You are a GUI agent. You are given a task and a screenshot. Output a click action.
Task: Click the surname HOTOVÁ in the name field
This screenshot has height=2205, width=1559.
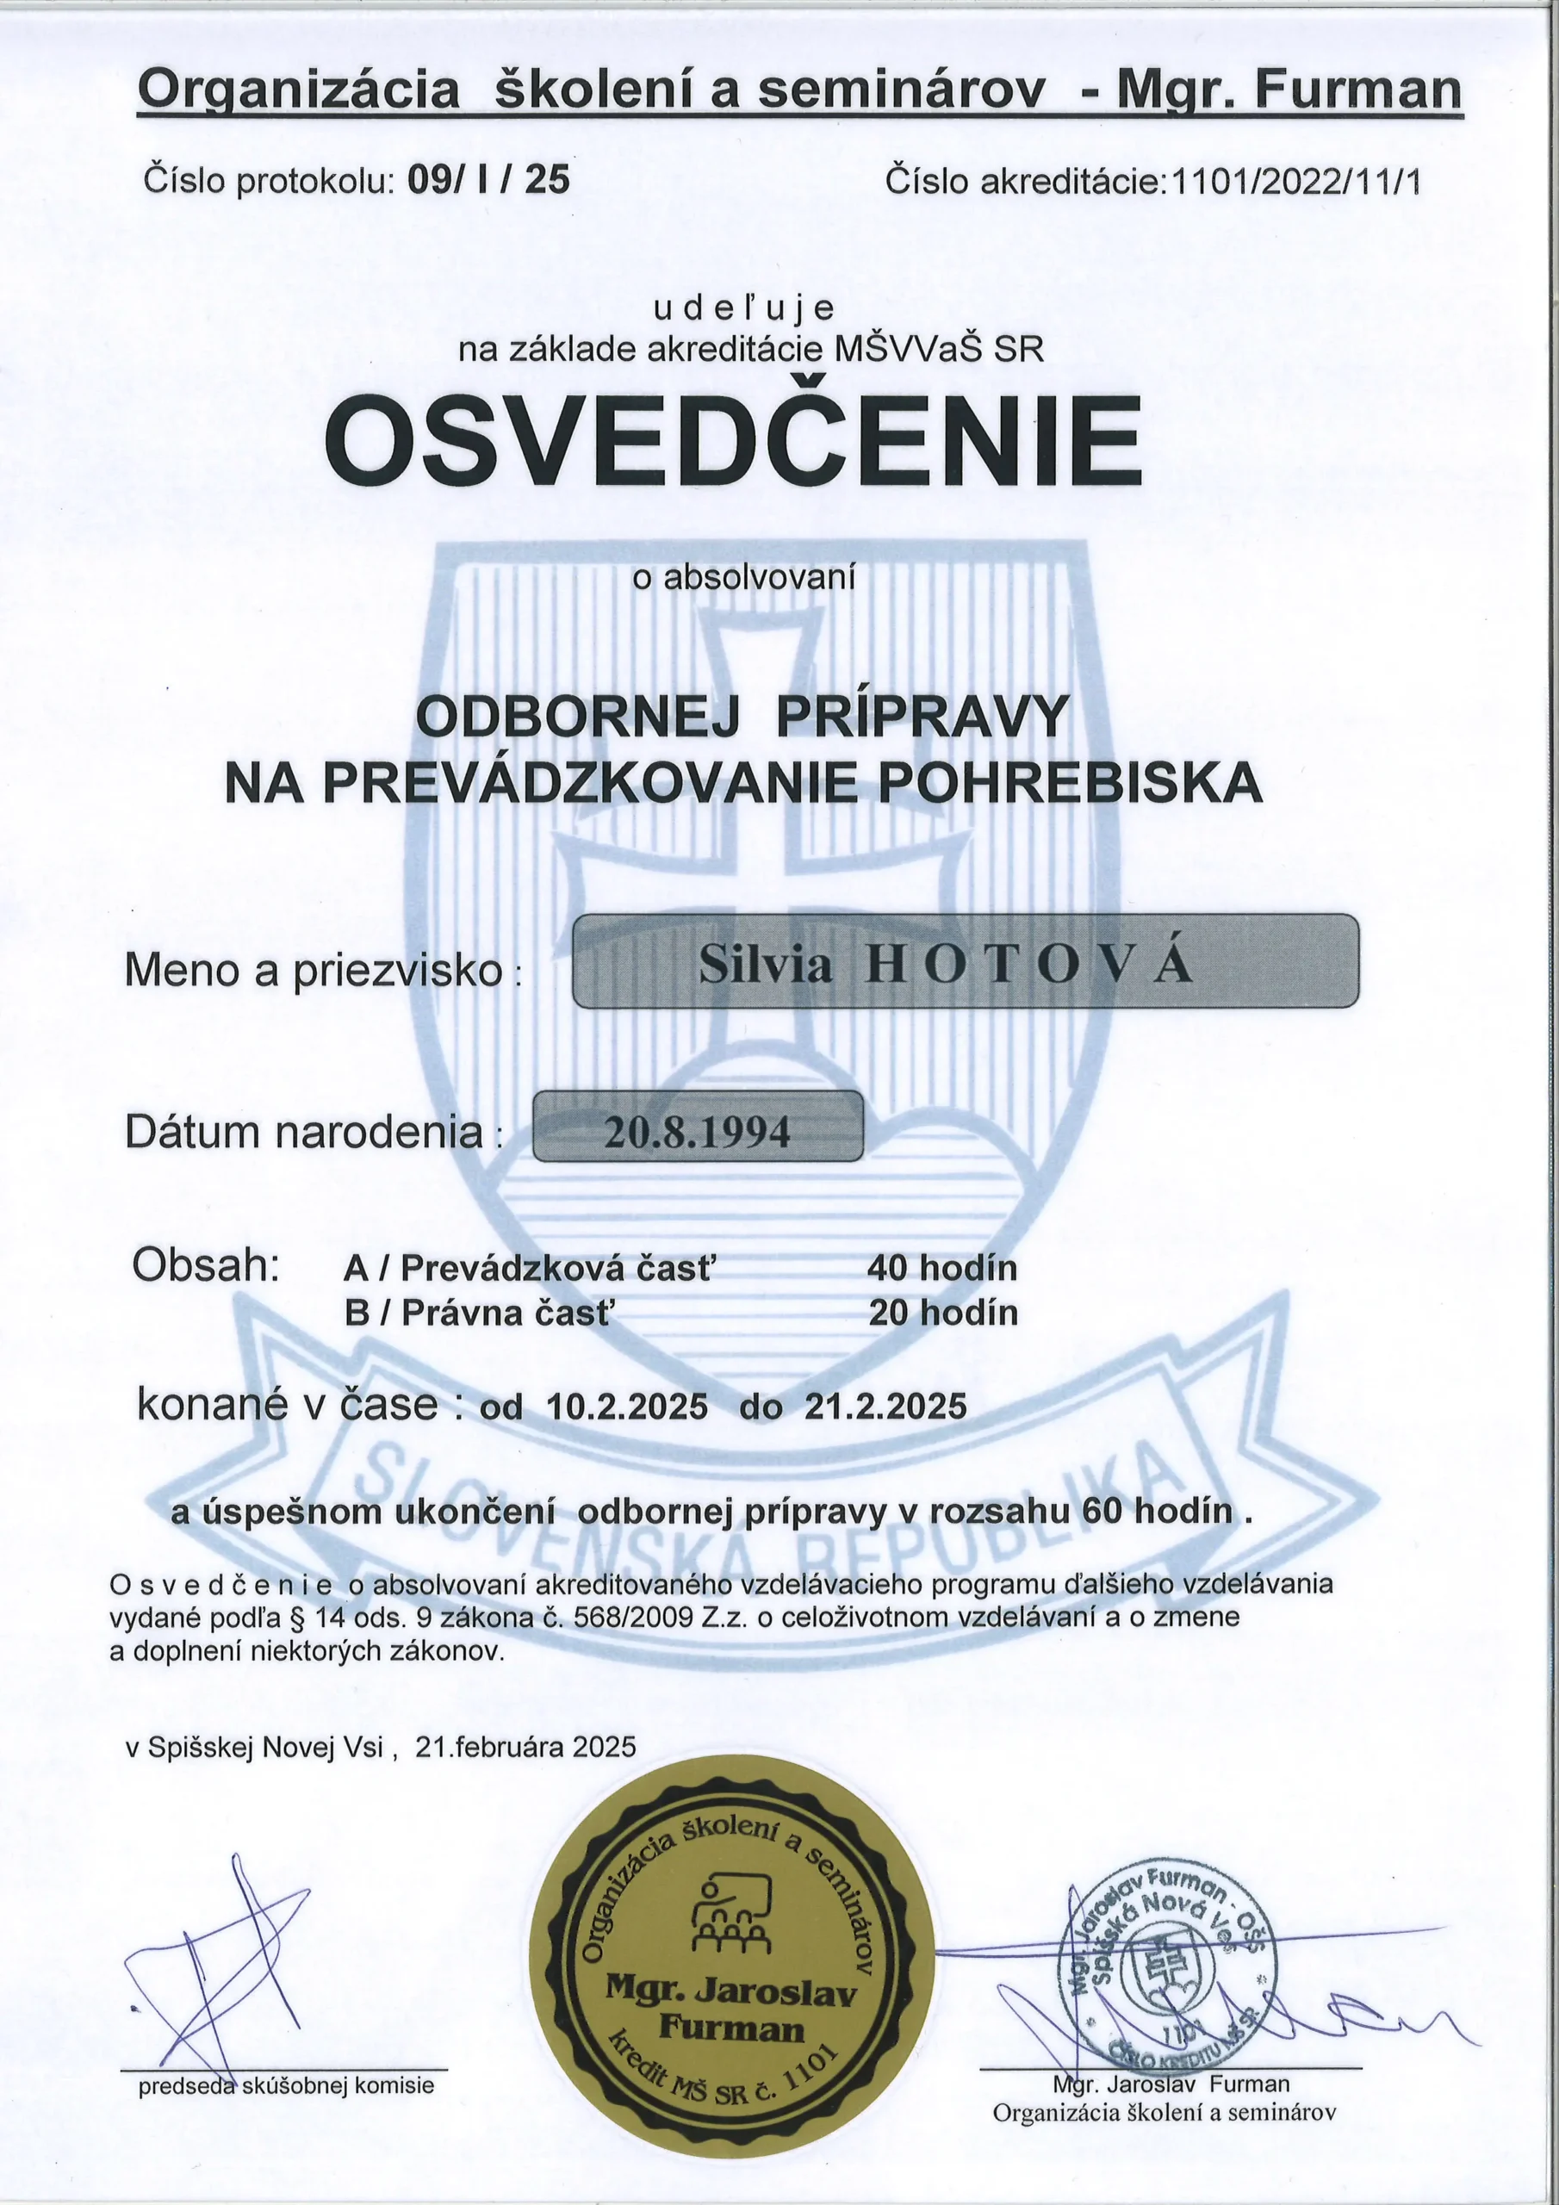point(1030,966)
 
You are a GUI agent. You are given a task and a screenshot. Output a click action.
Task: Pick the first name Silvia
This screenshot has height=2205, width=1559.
point(766,966)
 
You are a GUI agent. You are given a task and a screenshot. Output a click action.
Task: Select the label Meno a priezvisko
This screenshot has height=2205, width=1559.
point(314,971)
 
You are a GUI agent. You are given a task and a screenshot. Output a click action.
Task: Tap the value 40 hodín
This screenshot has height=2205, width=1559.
point(941,1269)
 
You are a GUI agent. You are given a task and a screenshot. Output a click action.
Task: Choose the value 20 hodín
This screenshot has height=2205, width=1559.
point(942,1313)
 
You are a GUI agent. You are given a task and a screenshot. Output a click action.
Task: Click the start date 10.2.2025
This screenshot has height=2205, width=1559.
point(627,1407)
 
